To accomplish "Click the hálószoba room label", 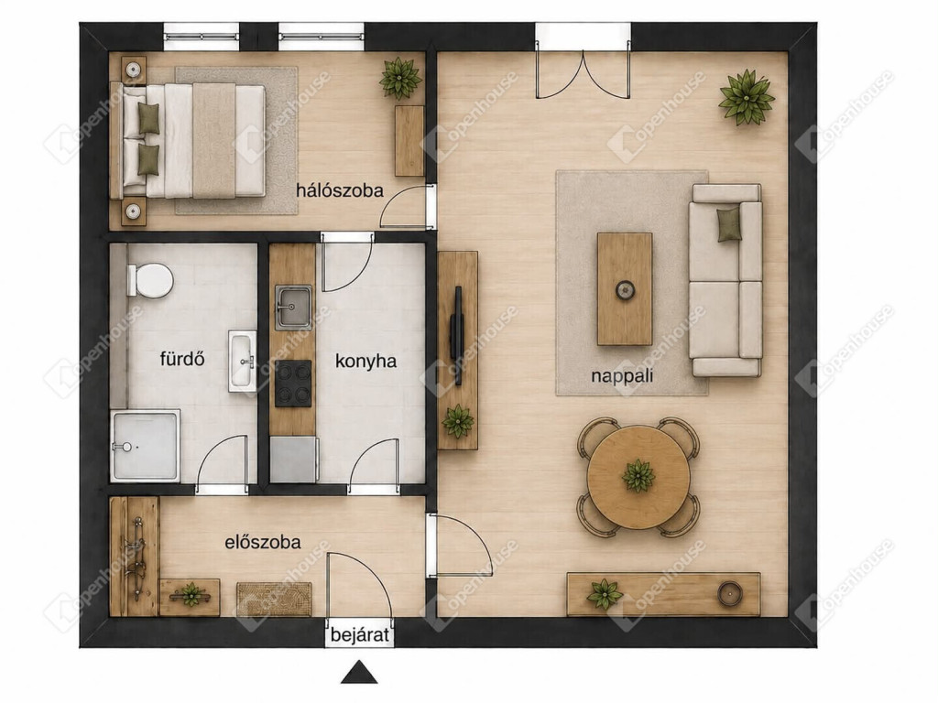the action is coord(339,190).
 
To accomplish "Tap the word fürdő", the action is coord(182,359).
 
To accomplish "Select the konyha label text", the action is coord(365,362).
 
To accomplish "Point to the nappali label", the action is coord(622,376).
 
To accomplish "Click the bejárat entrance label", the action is coord(360,634).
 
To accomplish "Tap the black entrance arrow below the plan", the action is coord(359,673).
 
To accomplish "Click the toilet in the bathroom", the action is coord(149,280).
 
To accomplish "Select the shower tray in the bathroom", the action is coord(145,446).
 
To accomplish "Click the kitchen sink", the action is coord(293,307).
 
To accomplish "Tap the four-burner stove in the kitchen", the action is coord(293,384).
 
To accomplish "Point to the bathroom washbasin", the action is coord(242,361).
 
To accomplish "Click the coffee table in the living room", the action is coord(625,289).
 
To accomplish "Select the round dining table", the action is coord(638,477).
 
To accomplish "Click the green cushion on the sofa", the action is coord(729,224).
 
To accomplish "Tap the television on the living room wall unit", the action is coord(457,336).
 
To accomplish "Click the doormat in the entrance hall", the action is coord(275,599).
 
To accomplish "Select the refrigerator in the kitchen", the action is coord(293,460).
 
